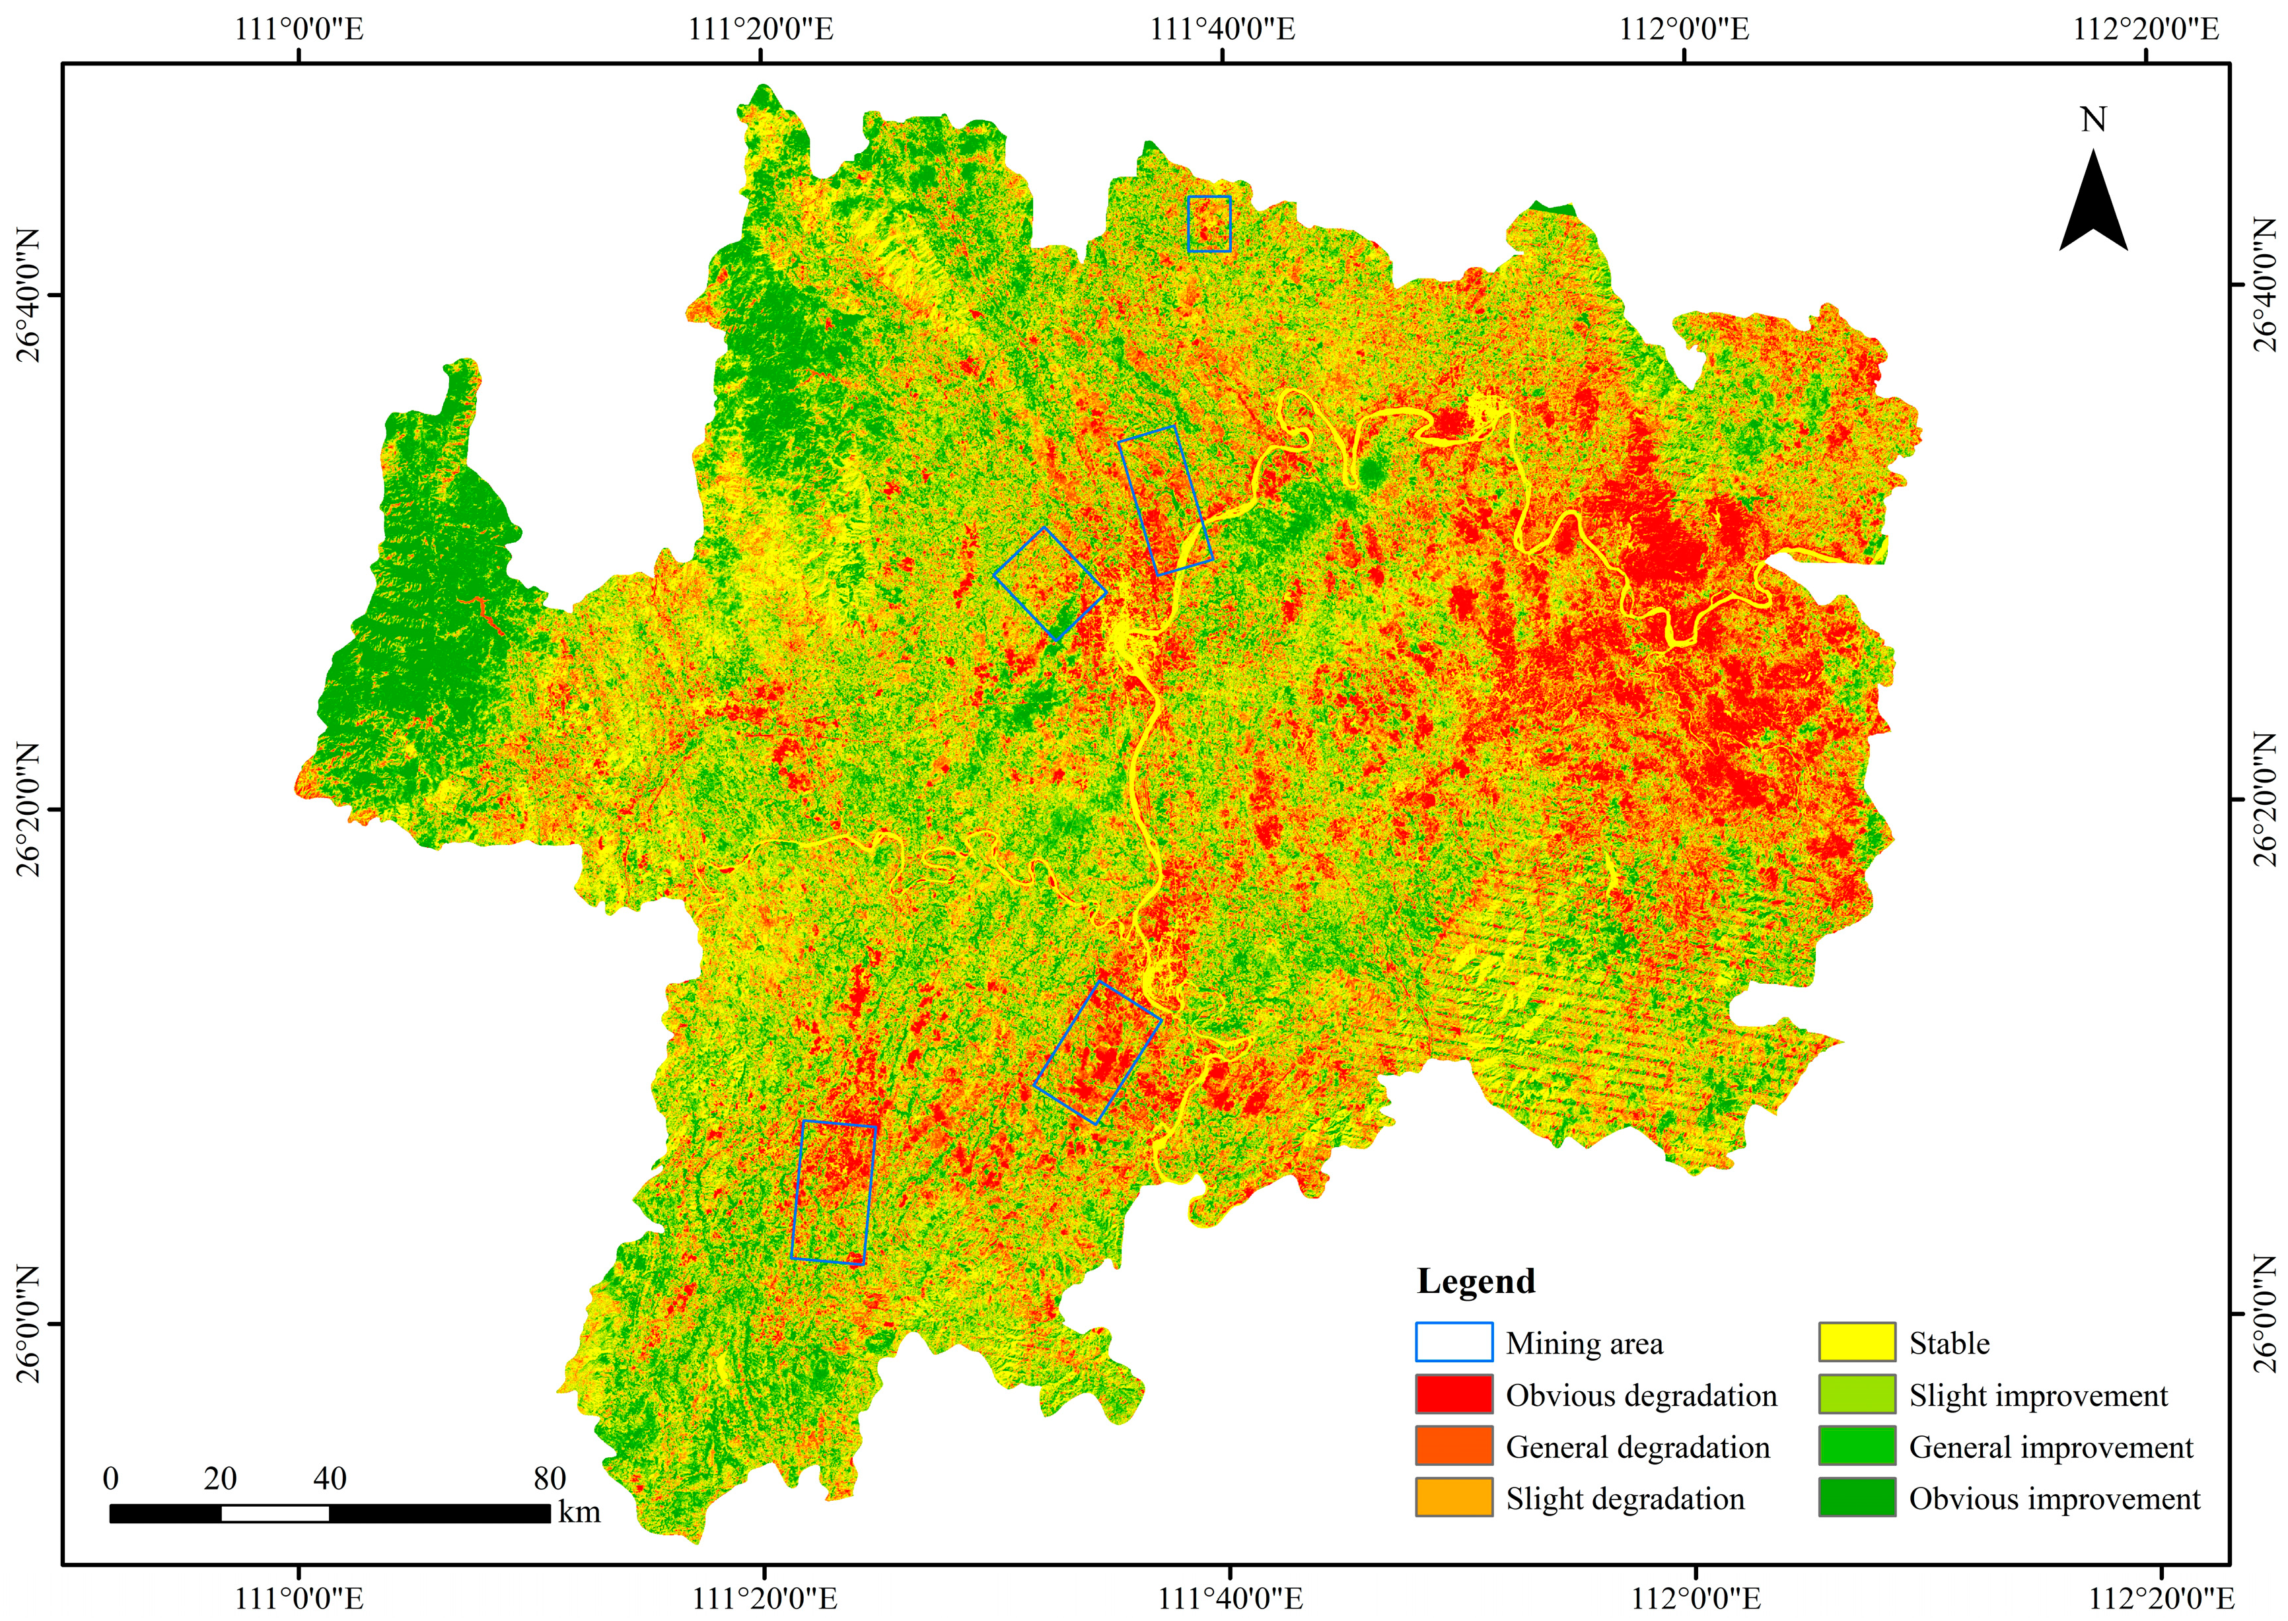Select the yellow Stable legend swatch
click(x=1856, y=1342)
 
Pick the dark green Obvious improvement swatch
click(x=1856, y=1498)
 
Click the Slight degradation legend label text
click(x=1624, y=1498)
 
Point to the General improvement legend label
click(x=2050, y=1446)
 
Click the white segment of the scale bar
click(x=275, y=1513)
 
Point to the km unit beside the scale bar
click(x=579, y=1511)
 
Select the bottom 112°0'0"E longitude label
click(x=1695, y=1598)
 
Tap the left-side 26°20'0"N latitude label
click(x=28, y=808)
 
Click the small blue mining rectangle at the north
click(x=1209, y=224)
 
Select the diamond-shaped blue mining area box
click(x=1049, y=584)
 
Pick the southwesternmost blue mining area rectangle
click(x=832, y=1192)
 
